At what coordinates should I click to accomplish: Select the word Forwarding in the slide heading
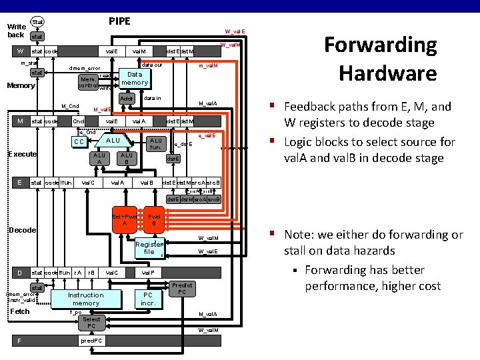coord(381,45)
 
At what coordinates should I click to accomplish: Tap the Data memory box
coord(135,79)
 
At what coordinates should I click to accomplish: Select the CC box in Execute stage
coord(79,142)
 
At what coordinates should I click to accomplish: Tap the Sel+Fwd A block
coord(125,221)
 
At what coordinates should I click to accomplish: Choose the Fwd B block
coord(154,221)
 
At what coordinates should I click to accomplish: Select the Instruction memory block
coord(86,299)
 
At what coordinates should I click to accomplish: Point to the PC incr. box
coord(148,299)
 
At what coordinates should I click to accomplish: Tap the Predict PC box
coord(181,289)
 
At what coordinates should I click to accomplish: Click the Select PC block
coord(91,323)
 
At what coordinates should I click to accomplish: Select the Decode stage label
coord(21,230)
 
